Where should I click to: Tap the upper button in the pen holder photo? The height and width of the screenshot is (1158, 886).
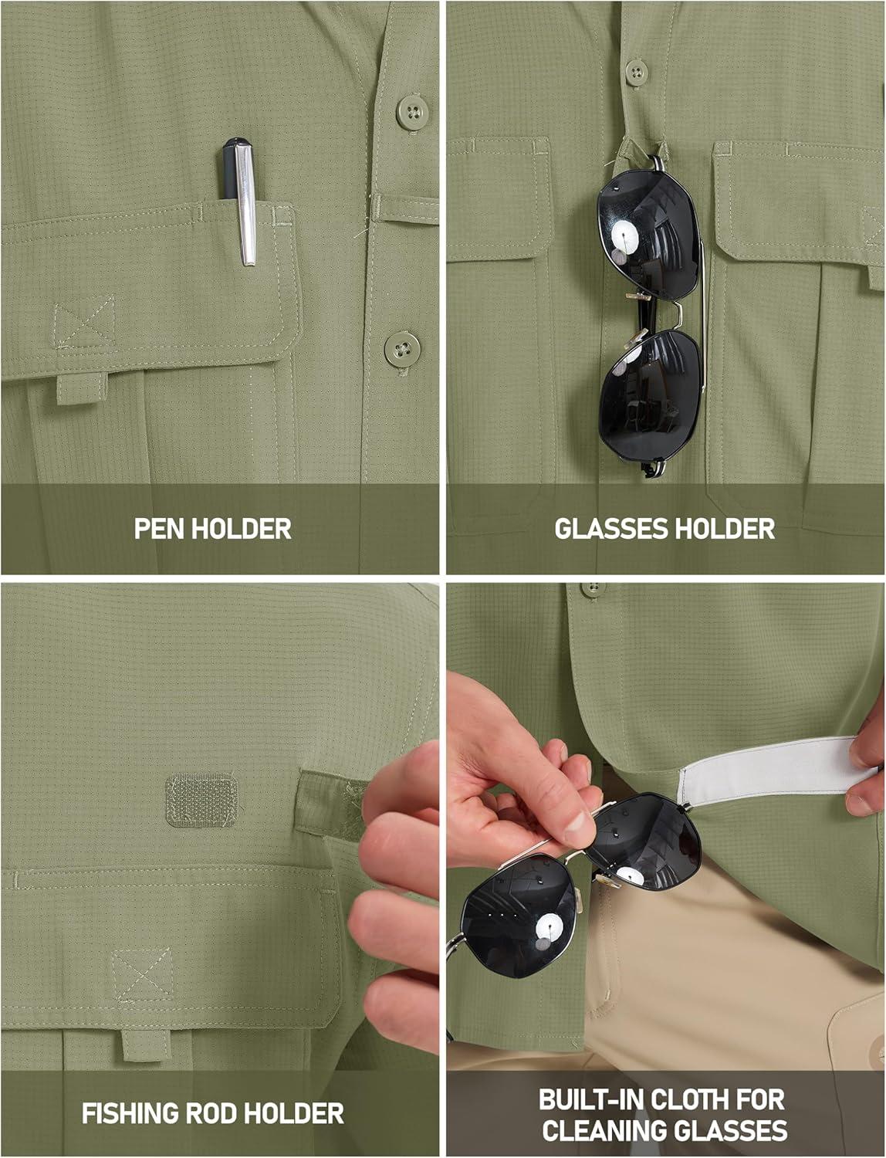(413, 112)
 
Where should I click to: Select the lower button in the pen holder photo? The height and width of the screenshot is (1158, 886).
(402, 349)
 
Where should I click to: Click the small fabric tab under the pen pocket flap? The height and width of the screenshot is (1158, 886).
(82, 388)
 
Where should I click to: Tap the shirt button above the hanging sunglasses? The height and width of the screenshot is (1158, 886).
(637, 72)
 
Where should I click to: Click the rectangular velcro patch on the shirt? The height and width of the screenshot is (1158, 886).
(201, 799)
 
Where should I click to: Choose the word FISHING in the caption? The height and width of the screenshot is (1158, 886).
(129, 1114)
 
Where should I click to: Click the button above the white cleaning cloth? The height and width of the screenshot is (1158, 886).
(593, 589)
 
